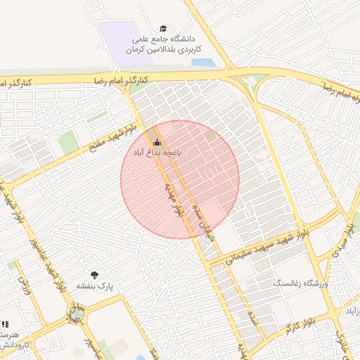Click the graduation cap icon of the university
(x=164, y=29)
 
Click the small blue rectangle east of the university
(x=202, y=63)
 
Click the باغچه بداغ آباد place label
(x=155, y=152)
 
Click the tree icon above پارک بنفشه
(x=95, y=275)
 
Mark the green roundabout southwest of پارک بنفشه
(x=77, y=312)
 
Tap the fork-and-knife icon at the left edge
(x=5, y=324)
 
